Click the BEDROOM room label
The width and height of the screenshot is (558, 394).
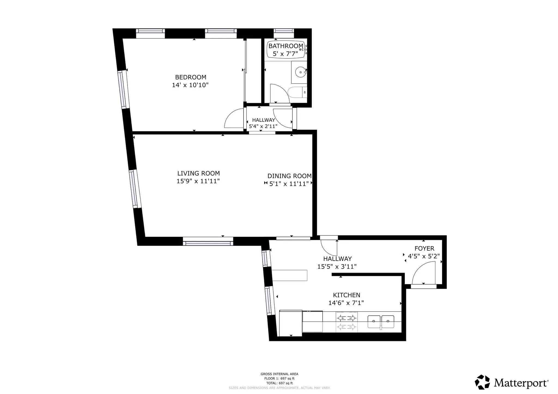click(190, 77)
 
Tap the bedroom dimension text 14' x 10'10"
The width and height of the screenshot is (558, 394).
click(190, 85)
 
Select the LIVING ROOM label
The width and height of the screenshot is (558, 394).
click(198, 173)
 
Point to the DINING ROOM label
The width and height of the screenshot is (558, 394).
click(289, 176)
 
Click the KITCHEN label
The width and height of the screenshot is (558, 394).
click(346, 295)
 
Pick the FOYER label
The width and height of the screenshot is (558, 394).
click(424, 248)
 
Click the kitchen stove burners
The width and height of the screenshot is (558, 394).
click(347, 322)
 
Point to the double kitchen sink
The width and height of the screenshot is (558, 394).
click(381, 322)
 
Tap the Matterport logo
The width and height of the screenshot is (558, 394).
click(512, 382)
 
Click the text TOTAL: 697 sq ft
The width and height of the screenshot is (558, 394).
click(279, 383)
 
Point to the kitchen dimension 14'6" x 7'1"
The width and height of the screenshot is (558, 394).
click(346, 303)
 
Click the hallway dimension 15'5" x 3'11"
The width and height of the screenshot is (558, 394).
click(337, 267)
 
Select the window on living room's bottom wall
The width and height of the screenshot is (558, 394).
click(208, 241)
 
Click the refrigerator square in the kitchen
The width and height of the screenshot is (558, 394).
click(290, 323)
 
